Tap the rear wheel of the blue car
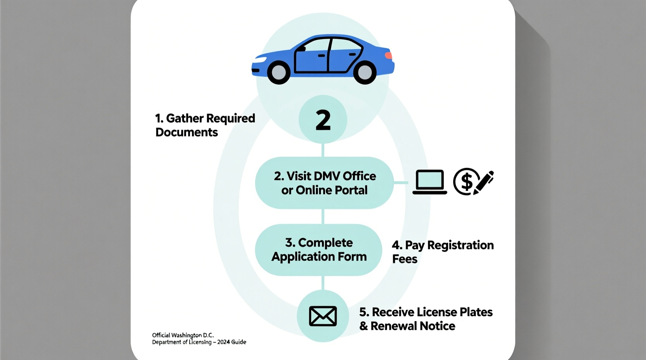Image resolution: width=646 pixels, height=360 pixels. click(x=365, y=72)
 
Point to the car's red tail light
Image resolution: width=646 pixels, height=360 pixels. click(x=388, y=55)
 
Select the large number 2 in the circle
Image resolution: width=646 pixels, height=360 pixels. click(x=323, y=120)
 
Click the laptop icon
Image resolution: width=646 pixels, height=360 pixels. click(x=429, y=182)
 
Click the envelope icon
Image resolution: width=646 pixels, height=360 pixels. click(x=323, y=316)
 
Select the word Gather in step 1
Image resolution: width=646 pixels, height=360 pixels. click(x=185, y=118)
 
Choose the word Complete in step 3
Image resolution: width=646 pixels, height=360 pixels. click(x=325, y=243)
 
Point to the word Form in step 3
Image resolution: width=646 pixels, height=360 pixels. click(x=352, y=257)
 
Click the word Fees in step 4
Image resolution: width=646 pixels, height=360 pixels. click(x=405, y=259)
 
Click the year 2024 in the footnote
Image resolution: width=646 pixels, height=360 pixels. click(x=224, y=342)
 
